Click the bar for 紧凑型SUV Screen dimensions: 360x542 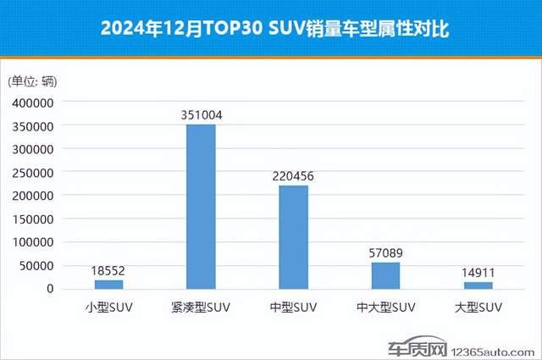[x=201, y=207]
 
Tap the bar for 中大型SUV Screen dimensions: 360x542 [x=385, y=275]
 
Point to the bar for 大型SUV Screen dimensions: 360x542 [x=478, y=285]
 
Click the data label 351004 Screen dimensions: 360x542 [x=201, y=114]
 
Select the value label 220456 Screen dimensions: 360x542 [x=293, y=175]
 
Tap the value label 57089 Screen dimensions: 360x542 [x=385, y=252]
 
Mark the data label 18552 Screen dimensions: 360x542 [x=108, y=270]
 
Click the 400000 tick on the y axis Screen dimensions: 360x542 [x=33, y=102]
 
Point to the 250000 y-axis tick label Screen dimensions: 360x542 [x=33, y=172]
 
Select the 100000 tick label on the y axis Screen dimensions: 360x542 [x=33, y=242]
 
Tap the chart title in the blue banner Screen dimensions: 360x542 [x=270, y=29]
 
